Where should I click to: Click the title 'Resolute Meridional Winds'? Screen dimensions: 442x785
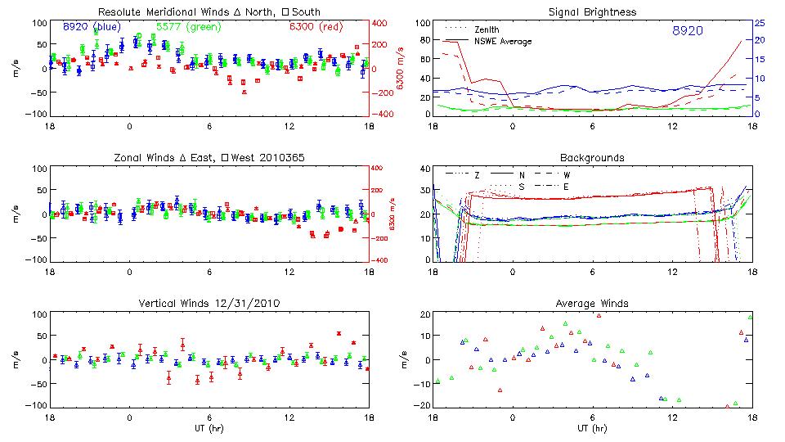coord(155,11)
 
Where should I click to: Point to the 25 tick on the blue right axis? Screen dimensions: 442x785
coord(760,22)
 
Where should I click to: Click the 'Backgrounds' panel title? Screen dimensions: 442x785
coord(593,157)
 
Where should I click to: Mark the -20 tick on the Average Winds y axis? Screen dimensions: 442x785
coord(419,406)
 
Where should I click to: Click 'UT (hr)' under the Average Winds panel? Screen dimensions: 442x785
coord(593,427)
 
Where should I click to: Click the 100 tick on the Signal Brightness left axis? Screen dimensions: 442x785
coord(420,23)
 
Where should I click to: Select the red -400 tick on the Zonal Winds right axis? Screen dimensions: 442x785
coord(384,260)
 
